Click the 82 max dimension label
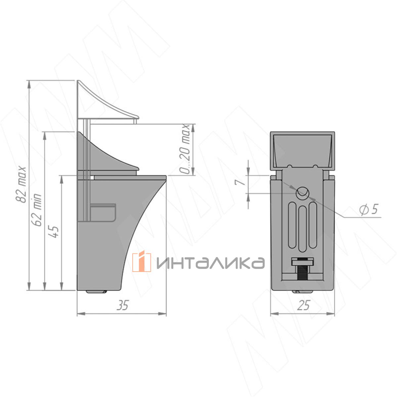point(21,184)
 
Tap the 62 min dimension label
point(37,210)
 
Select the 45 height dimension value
point(54,232)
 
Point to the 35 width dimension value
point(123,305)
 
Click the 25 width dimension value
point(304,305)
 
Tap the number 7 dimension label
point(239,182)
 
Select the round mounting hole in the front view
point(302,193)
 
